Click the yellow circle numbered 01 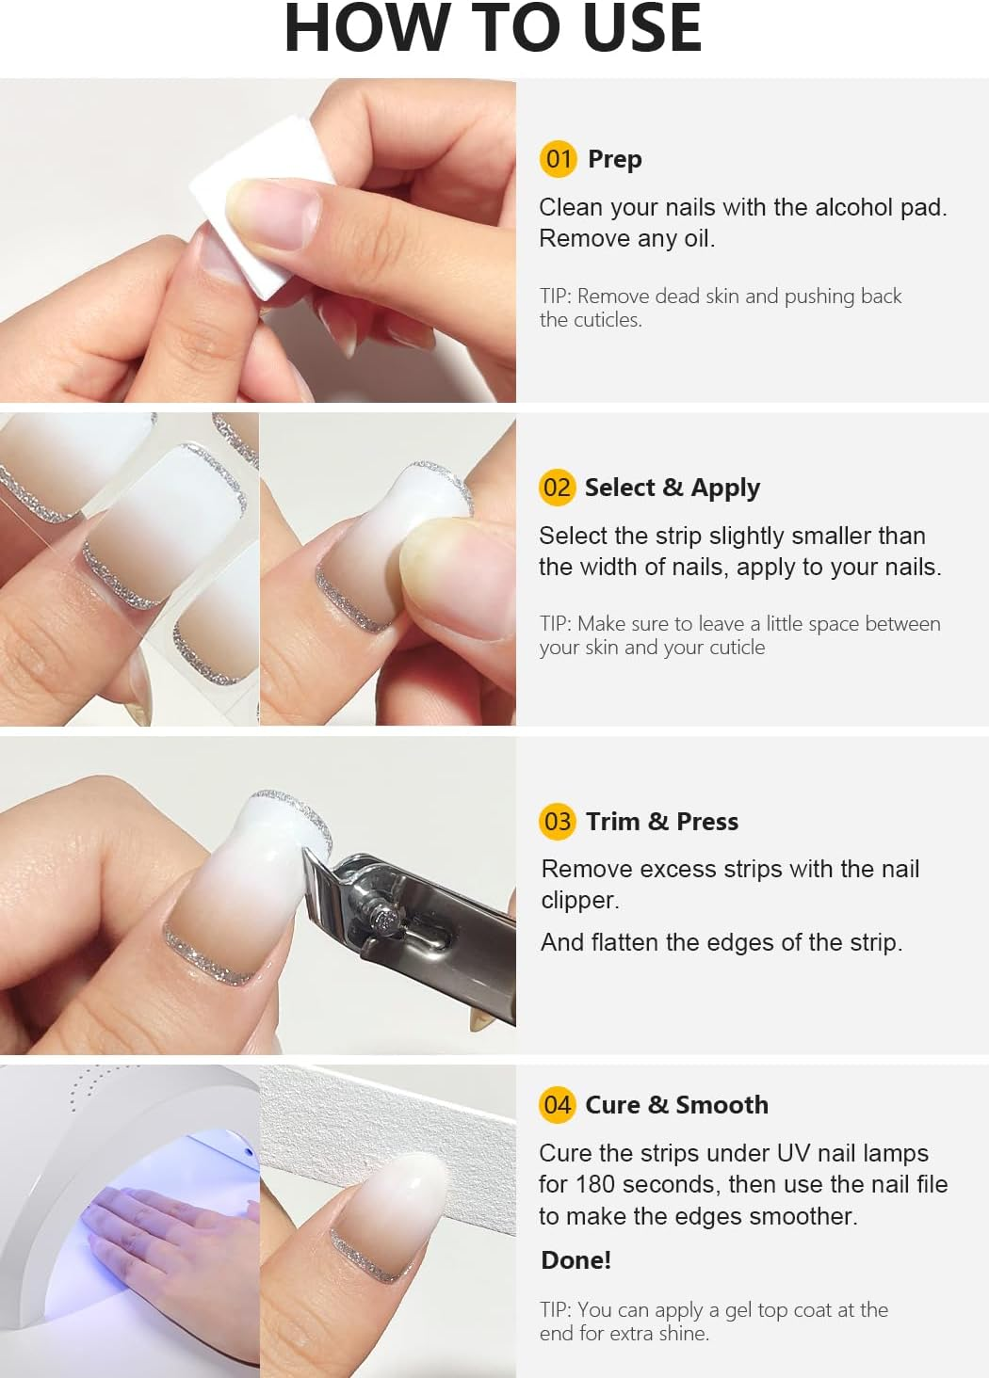pyautogui.click(x=558, y=158)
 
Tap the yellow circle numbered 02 pyautogui.click(x=557, y=487)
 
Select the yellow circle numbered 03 pyautogui.click(x=558, y=821)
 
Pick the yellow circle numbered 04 pyautogui.click(x=557, y=1104)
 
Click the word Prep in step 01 pyautogui.click(x=614, y=159)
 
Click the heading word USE pyautogui.click(x=642, y=28)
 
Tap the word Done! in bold pyautogui.click(x=576, y=1259)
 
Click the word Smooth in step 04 pyautogui.click(x=721, y=1105)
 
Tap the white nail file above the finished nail pyautogui.click(x=396, y=1130)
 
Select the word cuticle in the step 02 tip pyautogui.click(x=729, y=648)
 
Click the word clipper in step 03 pyautogui.click(x=578, y=901)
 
